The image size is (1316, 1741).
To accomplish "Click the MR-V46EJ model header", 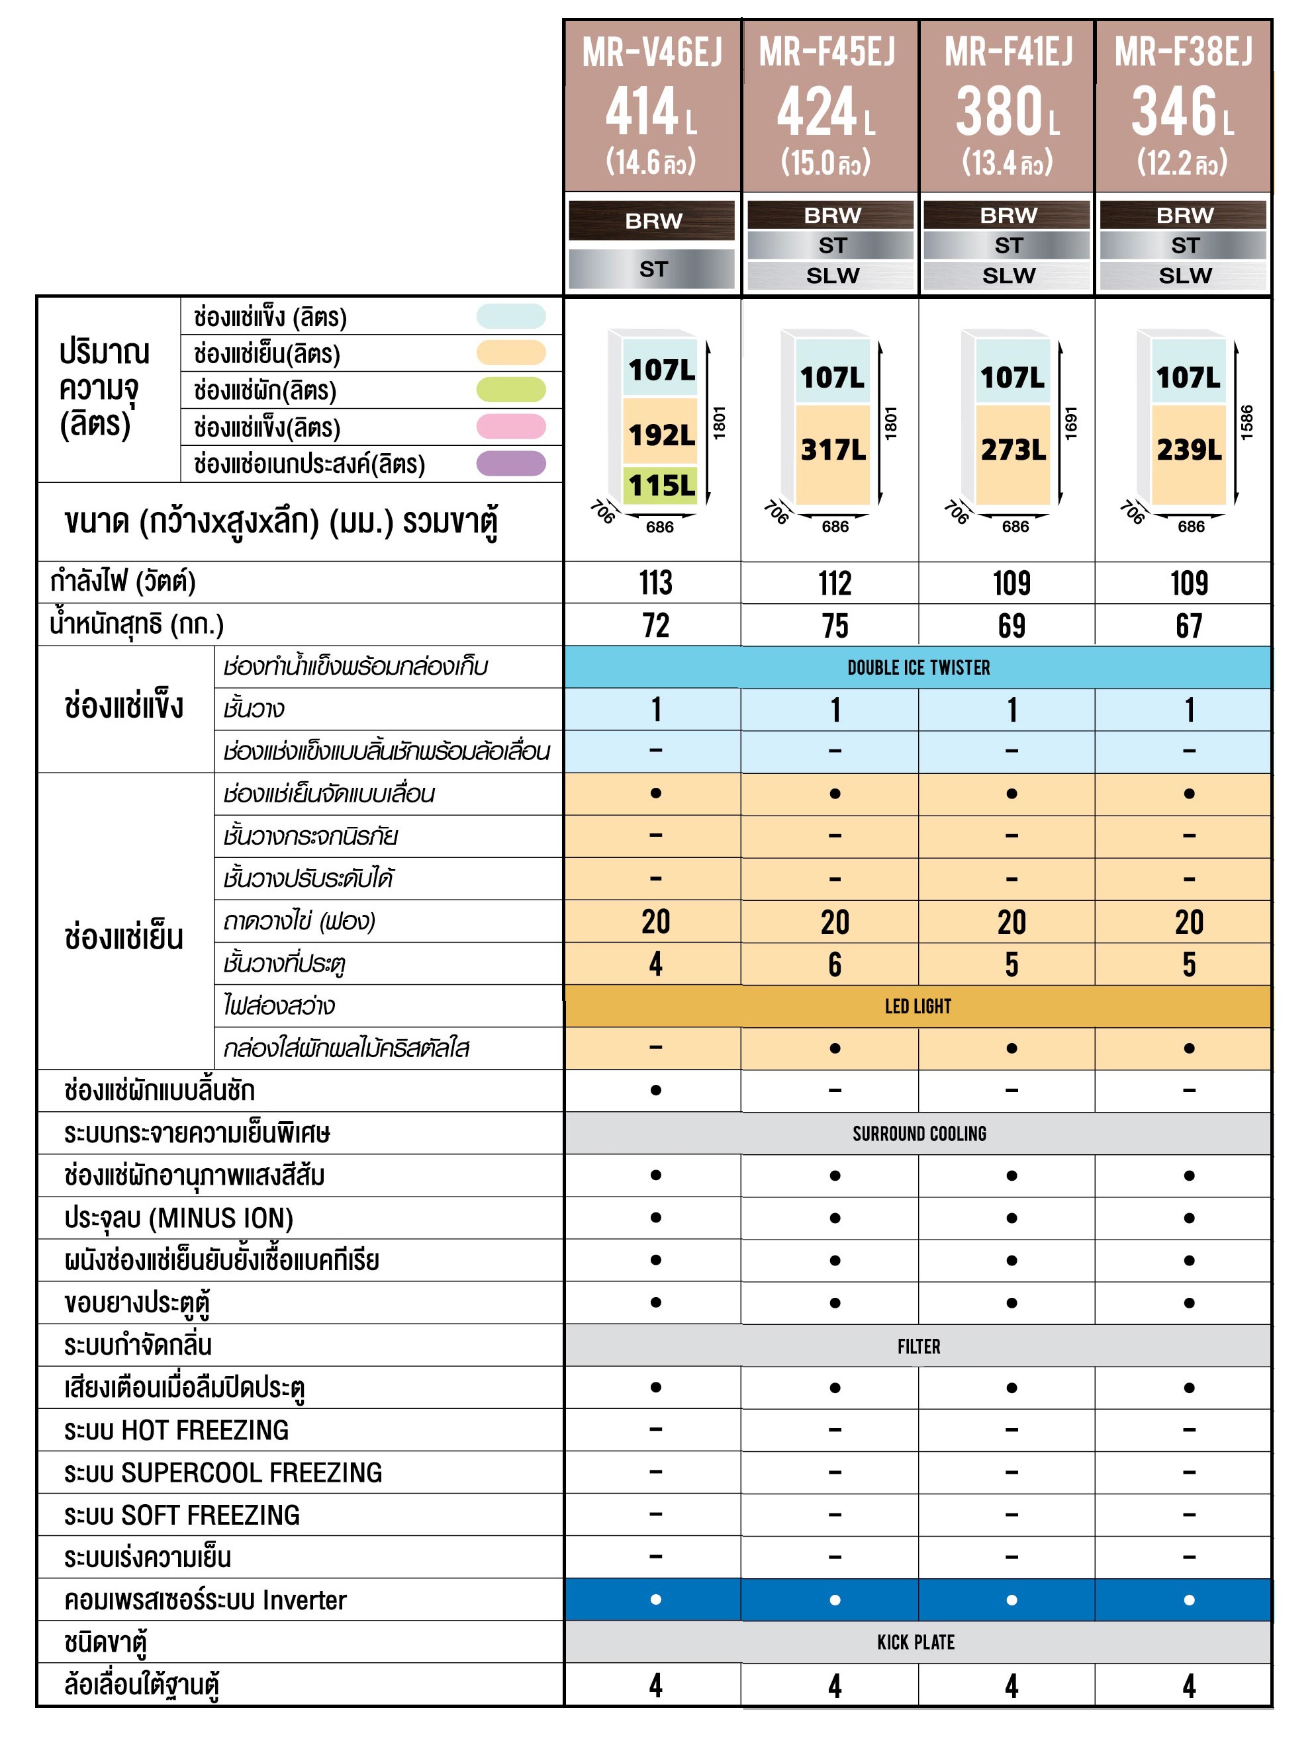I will (x=651, y=54).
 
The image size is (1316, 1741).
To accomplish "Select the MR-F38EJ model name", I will (x=1183, y=54).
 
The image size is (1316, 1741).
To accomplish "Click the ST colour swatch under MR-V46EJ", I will (x=652, y=269).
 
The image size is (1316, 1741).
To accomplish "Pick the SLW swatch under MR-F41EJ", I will (x=1008, y=275).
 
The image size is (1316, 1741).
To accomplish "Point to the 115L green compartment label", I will (x=661, y=486).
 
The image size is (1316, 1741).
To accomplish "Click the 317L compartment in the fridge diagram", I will (x=833, y=450).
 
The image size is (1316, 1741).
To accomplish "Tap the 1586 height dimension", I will (x=1246, y=422).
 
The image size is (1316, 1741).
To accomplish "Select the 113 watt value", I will (x=655, y=583).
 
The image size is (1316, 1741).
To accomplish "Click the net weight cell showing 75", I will (x=835, y=626).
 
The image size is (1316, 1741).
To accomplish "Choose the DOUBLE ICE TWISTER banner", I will (x=918, y=668).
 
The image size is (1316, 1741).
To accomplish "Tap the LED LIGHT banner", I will (x=917, y=1007).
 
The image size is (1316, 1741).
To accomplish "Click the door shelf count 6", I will (x=835, y=965).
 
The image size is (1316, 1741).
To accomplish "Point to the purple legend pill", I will (x=511, y=464).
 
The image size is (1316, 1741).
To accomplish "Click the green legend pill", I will (x=511, y=390).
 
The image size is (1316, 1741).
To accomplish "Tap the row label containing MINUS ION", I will (x=179, y=1218).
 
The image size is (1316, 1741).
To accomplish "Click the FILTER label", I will (x=918, y=1347).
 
